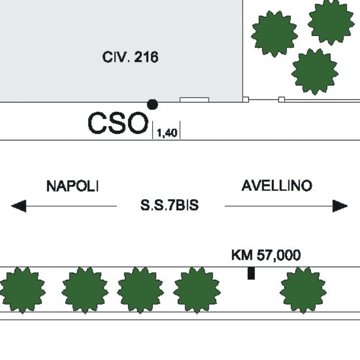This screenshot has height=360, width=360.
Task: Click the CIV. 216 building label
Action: tap(130, 57)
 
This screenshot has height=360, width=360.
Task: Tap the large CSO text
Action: tap(118, 123)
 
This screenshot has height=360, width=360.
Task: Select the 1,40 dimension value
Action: tap(167, 133)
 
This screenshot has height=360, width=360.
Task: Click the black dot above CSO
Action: tap(153, 105)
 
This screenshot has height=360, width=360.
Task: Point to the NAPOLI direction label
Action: tap(72, 186)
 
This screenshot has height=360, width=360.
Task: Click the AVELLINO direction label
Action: tap(277, 186)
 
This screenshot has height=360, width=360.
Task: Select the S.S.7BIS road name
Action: tap(170, 205)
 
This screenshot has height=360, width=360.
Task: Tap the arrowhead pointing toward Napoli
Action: tap(19, 206)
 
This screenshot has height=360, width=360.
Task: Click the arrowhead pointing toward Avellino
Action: tap(340, 206)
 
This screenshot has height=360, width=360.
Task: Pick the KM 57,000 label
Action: tap(266, 255)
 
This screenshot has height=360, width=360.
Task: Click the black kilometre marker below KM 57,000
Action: tap(251, 273)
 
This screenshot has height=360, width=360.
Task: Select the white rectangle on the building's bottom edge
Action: tap(194, 100)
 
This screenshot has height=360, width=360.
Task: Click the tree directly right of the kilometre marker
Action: tap(303, 290)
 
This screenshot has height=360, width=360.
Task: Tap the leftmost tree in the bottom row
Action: tap(22, 290)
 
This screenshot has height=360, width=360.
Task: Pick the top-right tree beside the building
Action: tap(331, 22)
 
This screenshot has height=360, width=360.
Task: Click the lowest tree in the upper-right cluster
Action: tap(315, 71)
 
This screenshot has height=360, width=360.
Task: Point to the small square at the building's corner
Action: tap(246, 100)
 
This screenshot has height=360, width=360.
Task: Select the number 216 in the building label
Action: tap(146, 57)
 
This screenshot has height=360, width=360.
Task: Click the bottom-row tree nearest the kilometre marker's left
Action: tap(197, 290)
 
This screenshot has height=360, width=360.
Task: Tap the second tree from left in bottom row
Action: tap(85, 290)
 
